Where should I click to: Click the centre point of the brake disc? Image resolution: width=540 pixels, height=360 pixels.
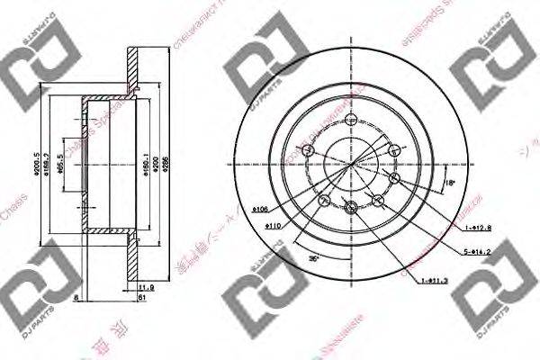click(349, 166)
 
